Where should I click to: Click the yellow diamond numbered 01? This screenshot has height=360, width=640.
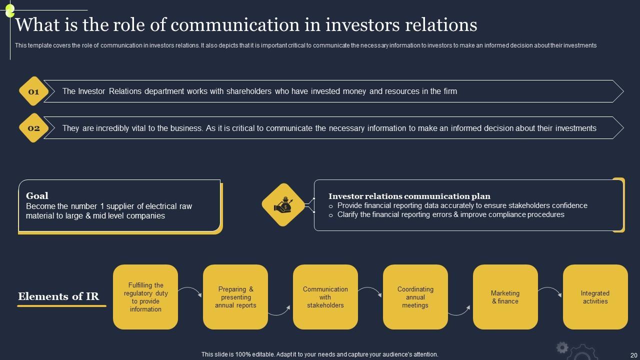click(x=33, y=91)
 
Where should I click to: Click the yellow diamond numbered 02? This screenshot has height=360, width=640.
click(x=33, y=128)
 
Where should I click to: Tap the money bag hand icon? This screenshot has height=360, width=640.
click(x=283, y=204)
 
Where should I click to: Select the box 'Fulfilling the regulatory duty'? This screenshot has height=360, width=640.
click(x=145, y=297)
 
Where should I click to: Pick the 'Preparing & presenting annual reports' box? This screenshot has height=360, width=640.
click(x=235, y=297)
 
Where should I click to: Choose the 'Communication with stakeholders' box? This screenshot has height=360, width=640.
click(x=325, y=297)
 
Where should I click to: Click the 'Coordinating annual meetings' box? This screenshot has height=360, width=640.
click(x=415, y=297)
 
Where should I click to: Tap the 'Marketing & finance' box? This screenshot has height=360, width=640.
click(x=505, y=297)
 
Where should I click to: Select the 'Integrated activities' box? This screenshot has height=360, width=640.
click(x=595, y=297)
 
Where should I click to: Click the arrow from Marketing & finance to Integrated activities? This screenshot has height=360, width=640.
click(x=550, y=290)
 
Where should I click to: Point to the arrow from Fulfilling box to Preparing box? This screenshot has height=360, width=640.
click(x=190, y=290)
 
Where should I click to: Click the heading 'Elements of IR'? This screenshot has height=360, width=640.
click(x=58, y=296)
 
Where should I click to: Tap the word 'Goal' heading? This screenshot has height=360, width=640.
click(x=37, y=196)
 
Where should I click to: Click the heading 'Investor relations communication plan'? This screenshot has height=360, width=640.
click(x=409, y=196)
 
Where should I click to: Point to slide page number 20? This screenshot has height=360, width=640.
click(x=633, y=354)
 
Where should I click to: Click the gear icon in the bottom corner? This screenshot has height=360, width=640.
click(x=562, y=347)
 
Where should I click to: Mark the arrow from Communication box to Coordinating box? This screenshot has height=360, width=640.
click(x=370, y=290)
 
